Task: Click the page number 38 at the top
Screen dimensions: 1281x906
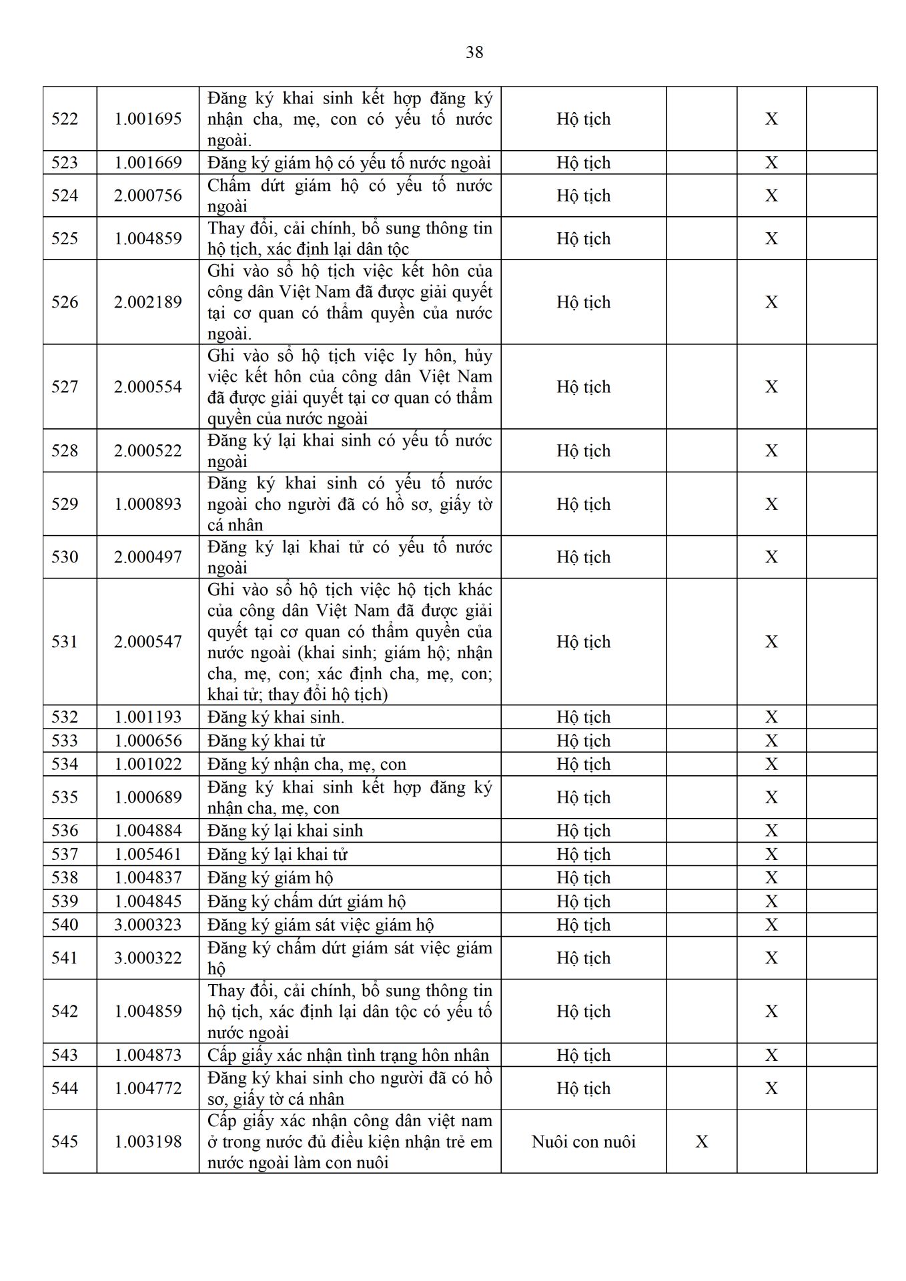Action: pos(474,52)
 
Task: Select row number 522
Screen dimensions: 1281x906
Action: pos(65,119)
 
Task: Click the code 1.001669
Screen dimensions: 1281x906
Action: pos(147,163)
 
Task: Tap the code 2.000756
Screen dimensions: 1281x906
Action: pos(147,195)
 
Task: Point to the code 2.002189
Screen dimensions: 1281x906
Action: pos(147,302)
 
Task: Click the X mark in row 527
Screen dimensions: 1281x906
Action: pos(771,387)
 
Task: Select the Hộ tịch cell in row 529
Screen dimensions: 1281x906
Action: pos(583,504)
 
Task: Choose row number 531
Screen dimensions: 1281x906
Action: pos(65,642)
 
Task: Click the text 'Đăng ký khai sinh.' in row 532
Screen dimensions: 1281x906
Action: pos(276,717)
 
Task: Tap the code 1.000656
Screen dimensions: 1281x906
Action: pos(147,741)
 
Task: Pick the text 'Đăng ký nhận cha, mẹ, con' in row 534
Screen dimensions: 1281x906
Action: pos(306,764)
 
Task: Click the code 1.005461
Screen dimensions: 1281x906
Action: pos(147,854)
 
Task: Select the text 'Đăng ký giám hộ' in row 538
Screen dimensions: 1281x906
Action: pos(270,878)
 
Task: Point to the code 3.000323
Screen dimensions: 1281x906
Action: pos(147,925)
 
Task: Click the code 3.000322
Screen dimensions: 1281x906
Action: pos(147,958)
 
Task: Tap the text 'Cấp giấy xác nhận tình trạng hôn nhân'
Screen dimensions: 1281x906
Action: pos(348,1055)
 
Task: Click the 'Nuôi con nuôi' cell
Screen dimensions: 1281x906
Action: pos(583,1142)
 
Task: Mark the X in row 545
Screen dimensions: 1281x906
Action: pos(701,1142)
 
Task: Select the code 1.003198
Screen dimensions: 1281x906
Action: pos(147,1142)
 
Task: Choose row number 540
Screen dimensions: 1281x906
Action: pos(65,925)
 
